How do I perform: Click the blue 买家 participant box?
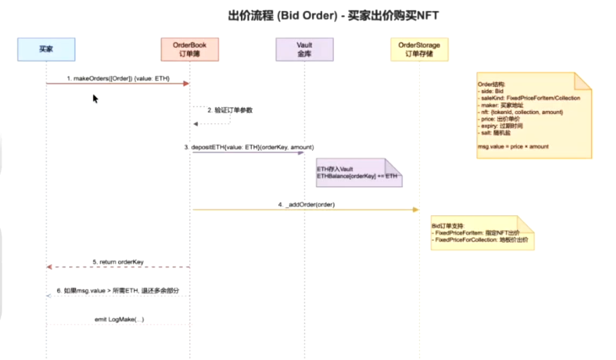46,49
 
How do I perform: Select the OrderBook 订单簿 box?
190,49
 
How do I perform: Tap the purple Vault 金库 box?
304,49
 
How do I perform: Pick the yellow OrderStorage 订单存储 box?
419,49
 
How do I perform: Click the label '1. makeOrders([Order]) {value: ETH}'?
118,78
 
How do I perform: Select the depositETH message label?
249,147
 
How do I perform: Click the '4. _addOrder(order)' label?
306,204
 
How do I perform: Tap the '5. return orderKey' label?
118,261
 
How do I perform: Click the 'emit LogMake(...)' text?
119,319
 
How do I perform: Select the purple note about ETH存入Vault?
358,173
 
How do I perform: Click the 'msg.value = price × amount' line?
513,146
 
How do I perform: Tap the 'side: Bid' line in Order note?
492,91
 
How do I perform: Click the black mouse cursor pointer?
95,98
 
